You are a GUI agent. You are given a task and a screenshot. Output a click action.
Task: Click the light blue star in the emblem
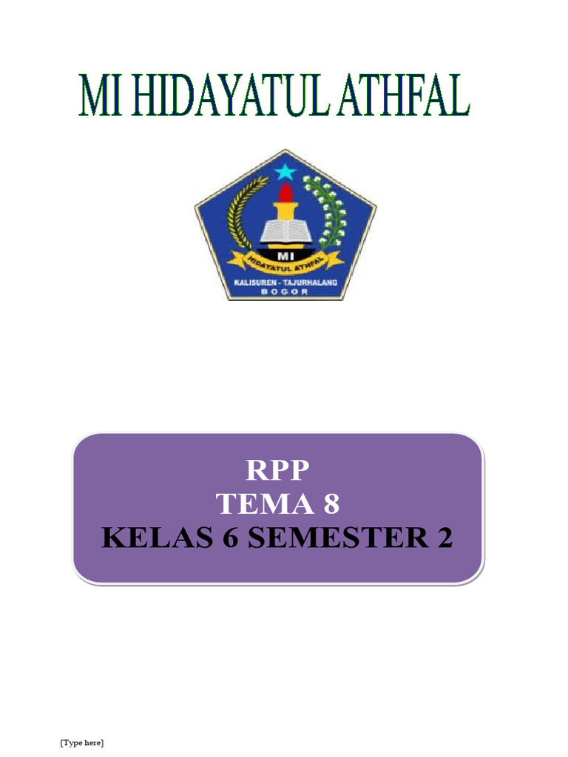[x=285, y=172]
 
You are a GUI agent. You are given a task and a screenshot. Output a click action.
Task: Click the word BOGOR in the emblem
[x=285, y=293]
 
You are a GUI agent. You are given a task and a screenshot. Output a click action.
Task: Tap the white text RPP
[x=278, y=470]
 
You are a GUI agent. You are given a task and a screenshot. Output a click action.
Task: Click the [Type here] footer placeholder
[x=81, y=742]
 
